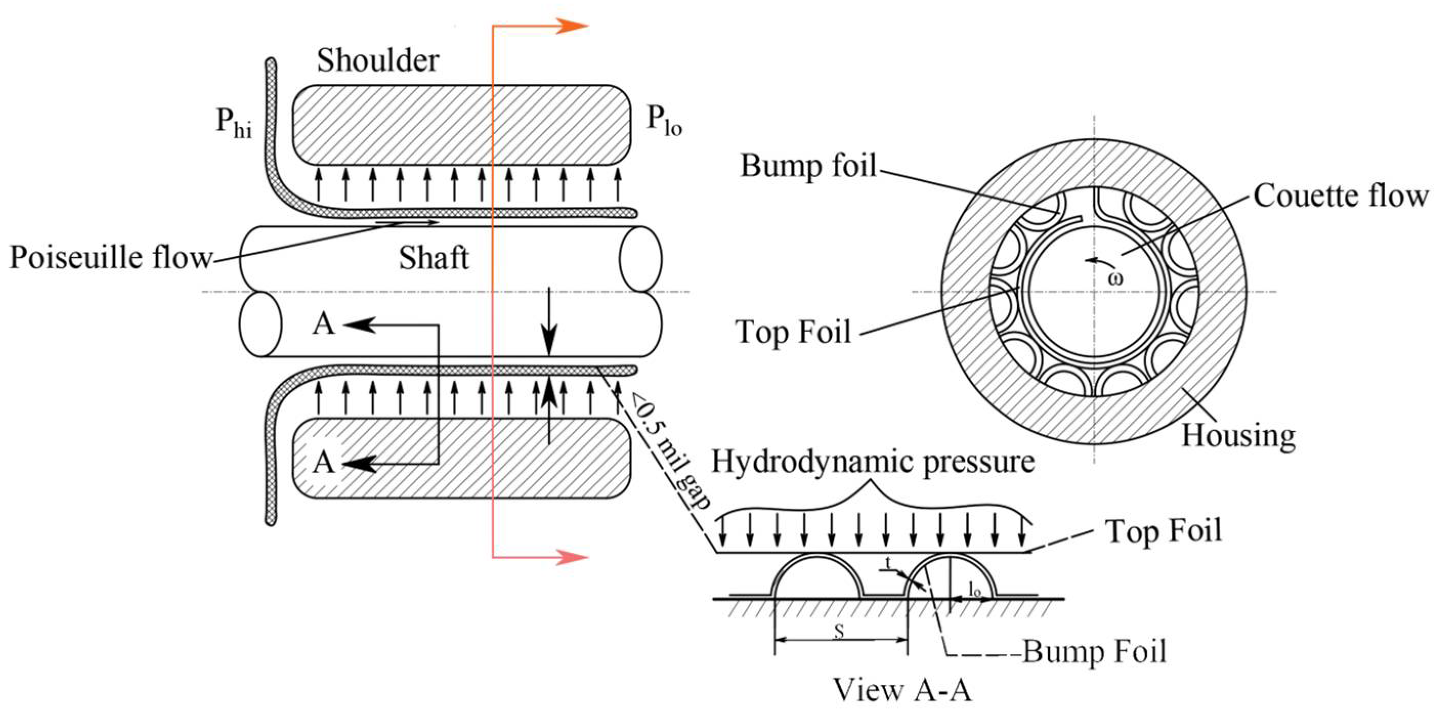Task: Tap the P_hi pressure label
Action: point(233,122)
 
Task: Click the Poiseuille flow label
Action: point(111,258)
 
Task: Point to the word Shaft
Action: point(433,258)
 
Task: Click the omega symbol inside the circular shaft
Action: point(1115,278)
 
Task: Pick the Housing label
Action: point(1238,436)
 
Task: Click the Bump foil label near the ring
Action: point(808,165)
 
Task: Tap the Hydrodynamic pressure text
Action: point(873,462)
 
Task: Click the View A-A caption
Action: point(902,689)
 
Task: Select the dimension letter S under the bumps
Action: point(839,631)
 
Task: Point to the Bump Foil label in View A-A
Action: point(1094,652)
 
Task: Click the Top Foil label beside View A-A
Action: point(1164,530)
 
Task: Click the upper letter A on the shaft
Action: point(324,324)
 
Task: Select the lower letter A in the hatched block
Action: point(324,463)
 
